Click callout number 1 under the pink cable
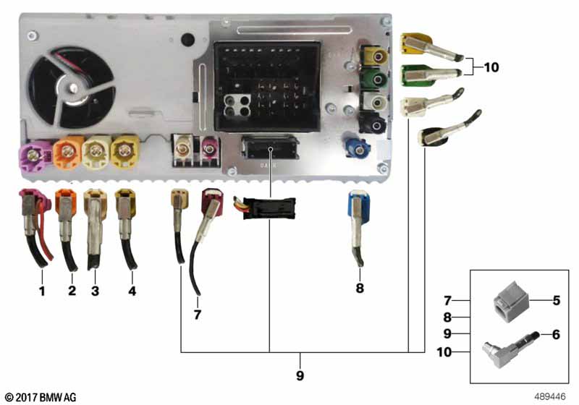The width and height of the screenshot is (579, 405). (42, 291)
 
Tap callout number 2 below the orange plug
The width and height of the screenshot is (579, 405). (72, 290)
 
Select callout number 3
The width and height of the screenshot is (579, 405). (95, 291)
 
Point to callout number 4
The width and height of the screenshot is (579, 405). (132, 291)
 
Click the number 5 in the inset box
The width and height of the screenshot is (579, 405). (556, 301)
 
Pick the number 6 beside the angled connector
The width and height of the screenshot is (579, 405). (556, 335)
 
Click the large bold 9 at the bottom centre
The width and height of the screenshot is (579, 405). (300, 375)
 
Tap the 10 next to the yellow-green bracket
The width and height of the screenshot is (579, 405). (491, 67)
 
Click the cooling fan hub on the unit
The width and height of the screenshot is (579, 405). (74, 88)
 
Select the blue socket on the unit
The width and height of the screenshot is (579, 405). (356, 147)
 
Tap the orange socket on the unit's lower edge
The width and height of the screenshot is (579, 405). (68, 151)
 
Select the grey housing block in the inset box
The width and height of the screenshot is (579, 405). (511, 302)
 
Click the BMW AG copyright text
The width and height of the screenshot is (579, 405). (41, 397)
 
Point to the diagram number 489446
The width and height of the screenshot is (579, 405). (549, 396)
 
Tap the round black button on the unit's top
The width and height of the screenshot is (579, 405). (187, 40)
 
